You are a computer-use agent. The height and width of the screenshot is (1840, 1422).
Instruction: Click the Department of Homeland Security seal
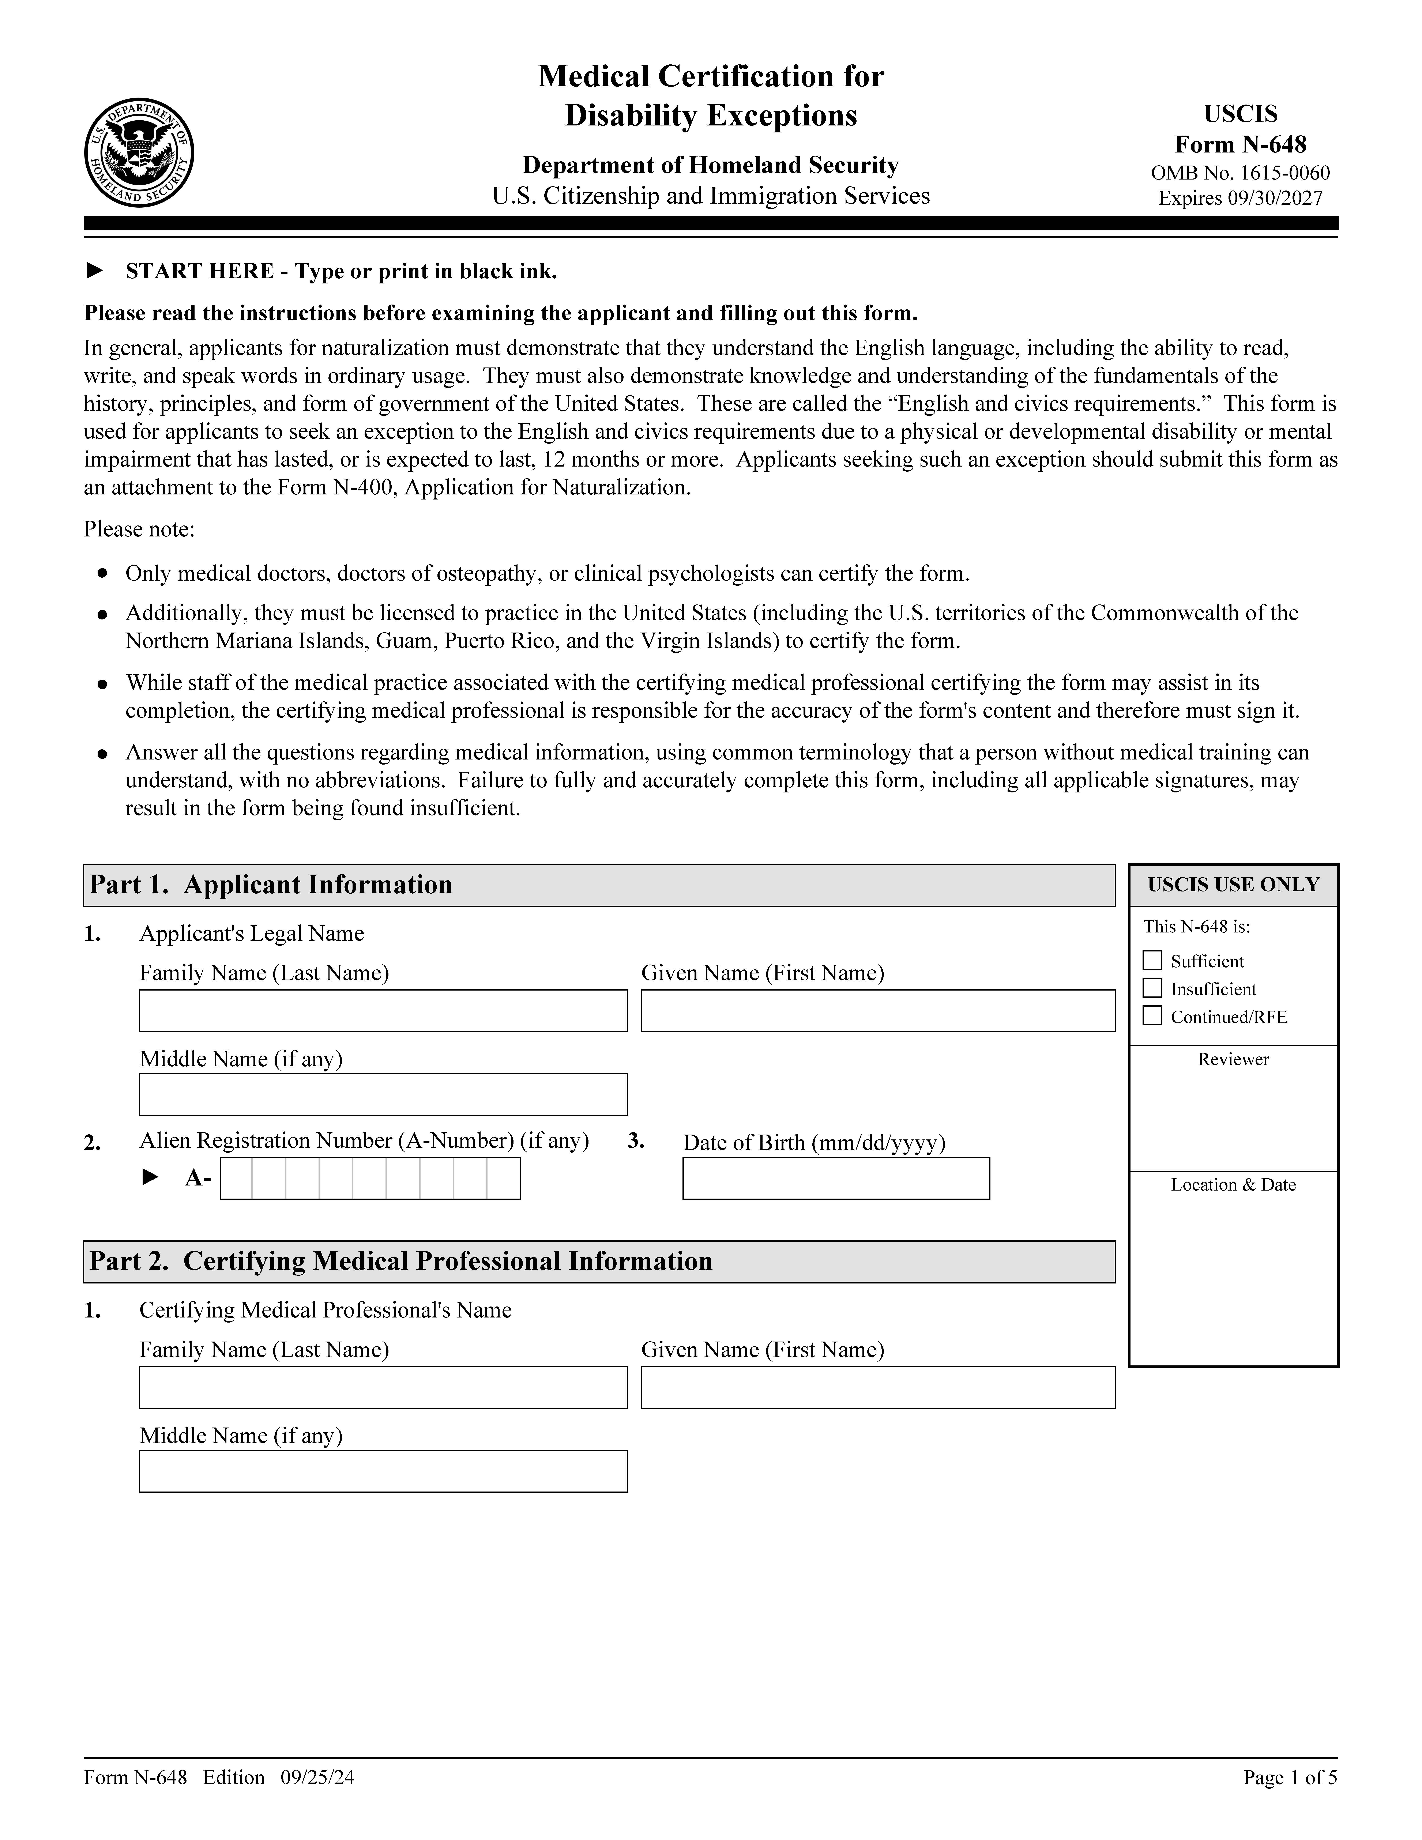pos(139,152)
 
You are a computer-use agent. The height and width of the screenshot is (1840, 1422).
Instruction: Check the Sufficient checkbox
pos(1152,960)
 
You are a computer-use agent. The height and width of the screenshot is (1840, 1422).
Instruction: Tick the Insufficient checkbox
pos(1152,988)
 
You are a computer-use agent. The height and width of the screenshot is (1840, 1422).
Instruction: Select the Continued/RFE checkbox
pos(1152,1016)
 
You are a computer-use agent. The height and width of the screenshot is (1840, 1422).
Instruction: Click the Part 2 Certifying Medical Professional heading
pos(401,1261)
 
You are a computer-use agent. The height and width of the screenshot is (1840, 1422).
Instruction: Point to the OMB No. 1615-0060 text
pos(1240,174)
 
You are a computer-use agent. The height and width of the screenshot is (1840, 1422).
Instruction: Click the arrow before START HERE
pos(95,270)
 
